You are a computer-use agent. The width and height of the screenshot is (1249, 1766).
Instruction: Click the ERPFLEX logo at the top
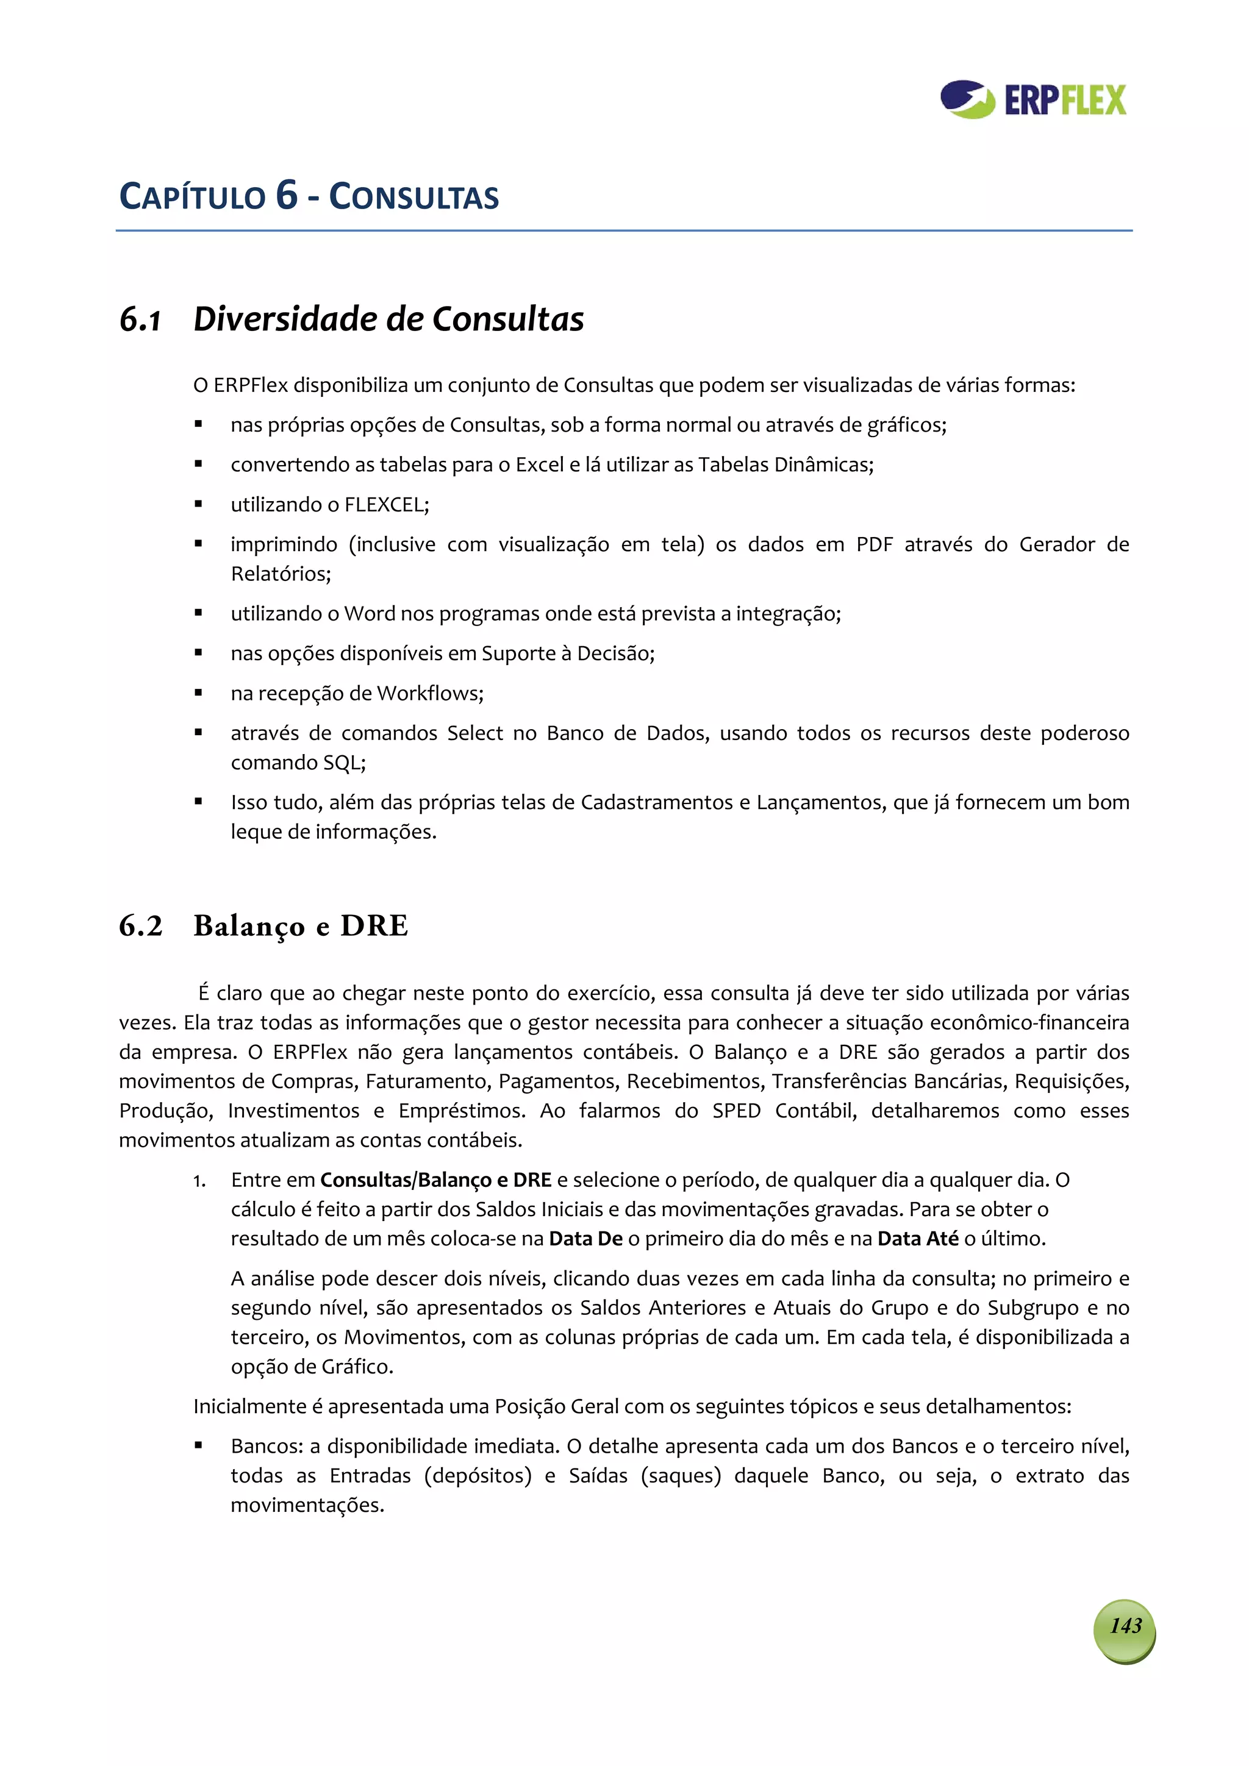tap(1032, 100)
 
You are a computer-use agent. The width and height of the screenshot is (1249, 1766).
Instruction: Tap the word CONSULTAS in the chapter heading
tap(414, 197)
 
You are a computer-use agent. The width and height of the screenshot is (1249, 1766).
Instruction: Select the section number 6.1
tap(140, 320)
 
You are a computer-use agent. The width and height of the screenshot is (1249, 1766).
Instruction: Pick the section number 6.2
tap(141, 925)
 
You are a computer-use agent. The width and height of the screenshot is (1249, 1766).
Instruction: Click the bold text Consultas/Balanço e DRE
tap(435, 1180)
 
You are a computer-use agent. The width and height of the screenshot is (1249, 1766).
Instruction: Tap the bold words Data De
tap(585, 1238)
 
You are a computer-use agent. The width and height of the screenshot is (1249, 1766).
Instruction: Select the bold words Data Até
tap(917, 1238)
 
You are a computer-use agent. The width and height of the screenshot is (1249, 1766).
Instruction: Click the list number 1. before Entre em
tap(199, 1181)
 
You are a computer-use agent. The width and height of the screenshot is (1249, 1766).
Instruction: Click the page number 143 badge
tap(1125, 1625)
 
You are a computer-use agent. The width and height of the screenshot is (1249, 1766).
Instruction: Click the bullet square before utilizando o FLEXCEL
tap(199, 505)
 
